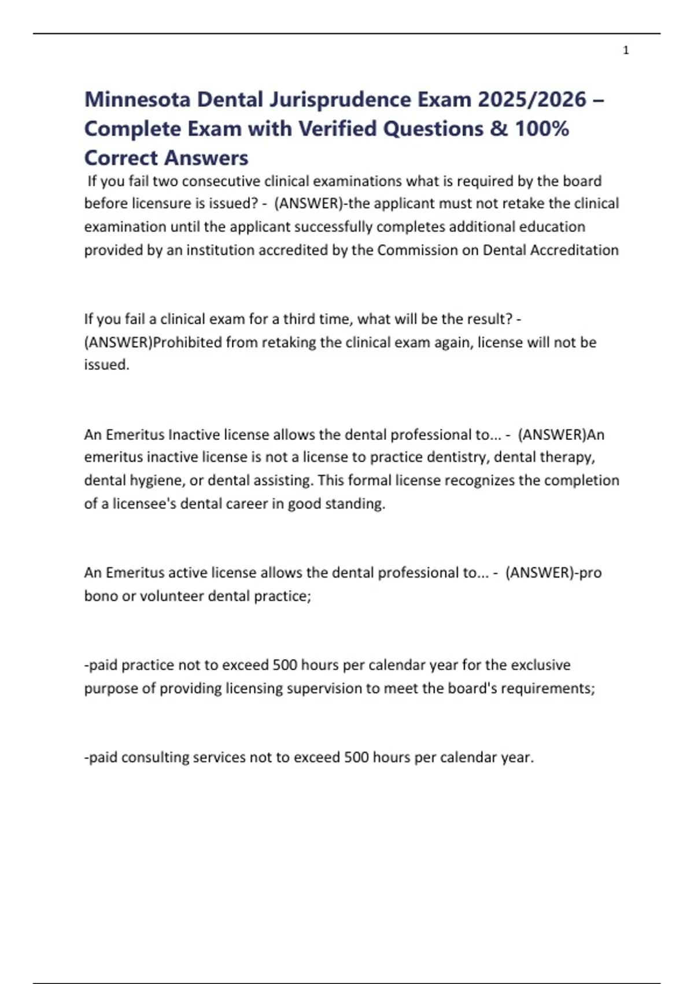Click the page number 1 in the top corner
[626, 50]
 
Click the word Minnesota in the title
[137, 100]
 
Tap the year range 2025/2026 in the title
[532, 100]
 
